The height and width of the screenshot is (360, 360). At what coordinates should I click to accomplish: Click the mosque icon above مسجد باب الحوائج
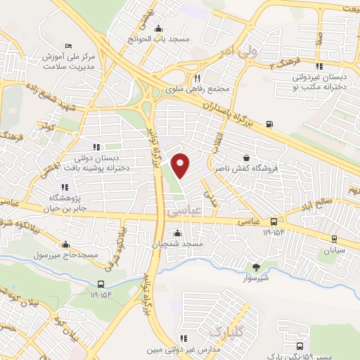159,29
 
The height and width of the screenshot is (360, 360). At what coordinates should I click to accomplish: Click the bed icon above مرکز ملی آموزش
68,44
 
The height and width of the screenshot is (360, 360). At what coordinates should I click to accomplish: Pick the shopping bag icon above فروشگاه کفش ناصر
245,157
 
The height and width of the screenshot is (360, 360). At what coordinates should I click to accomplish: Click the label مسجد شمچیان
176,243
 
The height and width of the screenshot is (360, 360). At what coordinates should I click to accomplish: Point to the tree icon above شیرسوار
255,266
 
